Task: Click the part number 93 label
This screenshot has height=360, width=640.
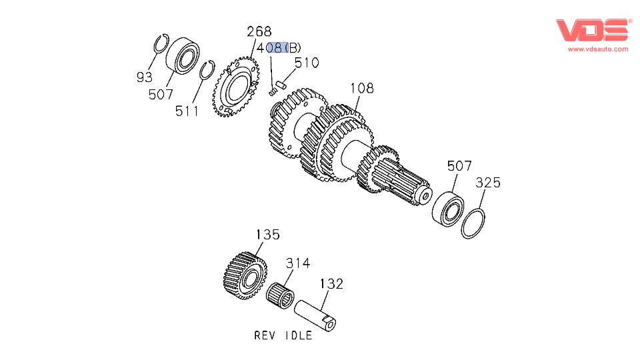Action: click(x=145, y=77)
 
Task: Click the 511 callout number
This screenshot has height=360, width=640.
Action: click(x=187, y=111)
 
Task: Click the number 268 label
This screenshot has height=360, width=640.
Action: click(x=259, y=31)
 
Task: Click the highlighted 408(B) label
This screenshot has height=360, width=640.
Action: click(x=283, y=48)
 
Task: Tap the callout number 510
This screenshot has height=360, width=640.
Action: click(x=307, y=63)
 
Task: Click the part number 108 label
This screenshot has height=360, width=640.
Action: click(x=362, y=88)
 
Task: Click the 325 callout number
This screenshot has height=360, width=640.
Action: click(x=487, y=183)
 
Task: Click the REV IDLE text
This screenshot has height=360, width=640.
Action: click(x=283, y=335)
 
